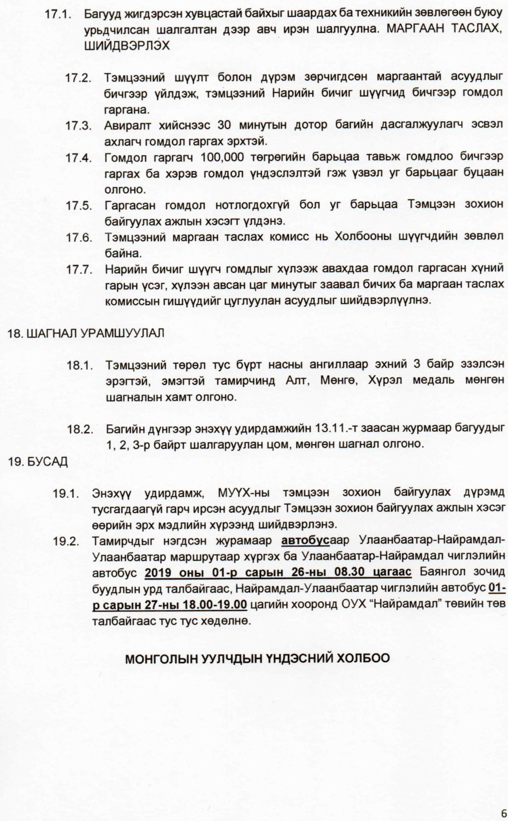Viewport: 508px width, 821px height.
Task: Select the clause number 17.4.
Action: click(x=78, y=158)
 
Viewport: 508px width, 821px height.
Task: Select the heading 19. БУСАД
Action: click(x=38, y=462)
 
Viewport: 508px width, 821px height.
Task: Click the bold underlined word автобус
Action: click(x=305, y=541)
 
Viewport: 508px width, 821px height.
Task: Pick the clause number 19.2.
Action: click(x=66, y=541)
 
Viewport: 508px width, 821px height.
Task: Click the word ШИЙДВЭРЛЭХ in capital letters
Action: click(x=127, y=46)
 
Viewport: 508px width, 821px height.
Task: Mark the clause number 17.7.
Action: click(x=78, y=269)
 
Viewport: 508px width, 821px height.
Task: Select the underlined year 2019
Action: click(x=161, y=572)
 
